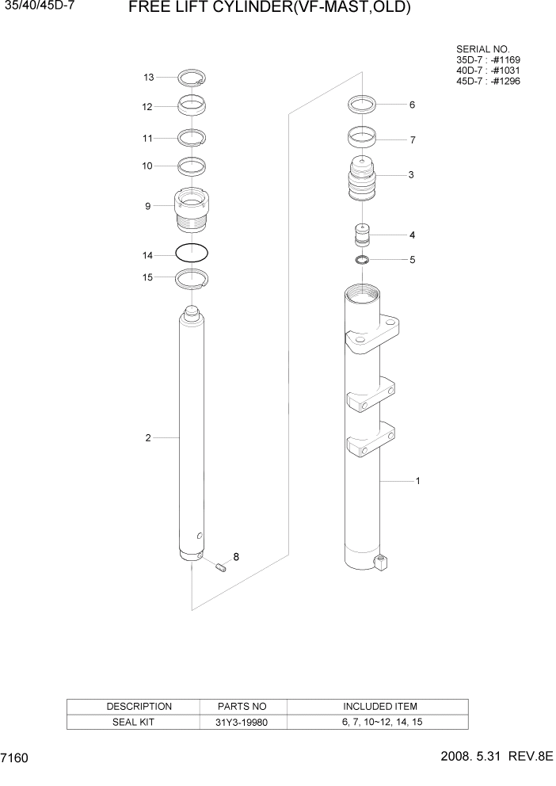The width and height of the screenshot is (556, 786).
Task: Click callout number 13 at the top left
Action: click(148, 77)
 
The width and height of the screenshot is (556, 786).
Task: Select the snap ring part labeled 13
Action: click(192, 78)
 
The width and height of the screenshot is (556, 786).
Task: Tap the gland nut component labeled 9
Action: click(192, 209)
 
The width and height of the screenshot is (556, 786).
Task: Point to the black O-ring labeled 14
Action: click(192, 254)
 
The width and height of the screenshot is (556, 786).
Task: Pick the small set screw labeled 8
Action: click(222, 566)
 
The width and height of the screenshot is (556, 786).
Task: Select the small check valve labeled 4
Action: click(361, 236)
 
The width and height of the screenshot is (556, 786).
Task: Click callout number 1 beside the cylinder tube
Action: click(417, 480)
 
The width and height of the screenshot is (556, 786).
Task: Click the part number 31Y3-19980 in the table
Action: click(242, 722)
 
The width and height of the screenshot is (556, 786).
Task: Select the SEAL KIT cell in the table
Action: click(139, 722)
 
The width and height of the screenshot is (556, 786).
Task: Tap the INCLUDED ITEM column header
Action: click(379, 706)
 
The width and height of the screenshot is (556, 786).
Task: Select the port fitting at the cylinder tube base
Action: click(382, 563)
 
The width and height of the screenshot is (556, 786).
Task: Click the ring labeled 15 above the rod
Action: click(192, 278)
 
